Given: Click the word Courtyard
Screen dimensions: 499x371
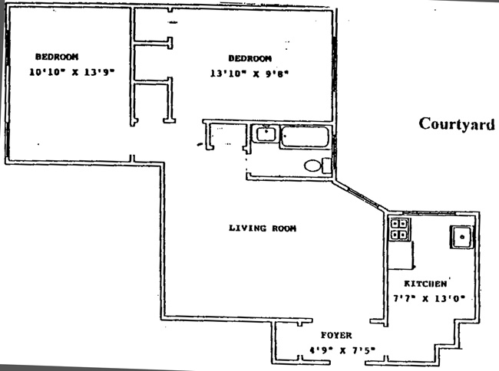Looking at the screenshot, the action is pyautogui.click(x=456, y=123).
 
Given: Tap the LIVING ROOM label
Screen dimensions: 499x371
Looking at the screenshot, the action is pyautogui.click(x=263, y=228).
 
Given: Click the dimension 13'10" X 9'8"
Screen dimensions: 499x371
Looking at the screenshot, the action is pyautogui.click(x=249, y=74).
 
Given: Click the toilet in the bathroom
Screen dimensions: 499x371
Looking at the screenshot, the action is pyautogui.click(x=315, y=165).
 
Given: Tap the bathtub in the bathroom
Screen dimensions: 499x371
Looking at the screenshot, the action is pyautogui.click(x=305, y=138).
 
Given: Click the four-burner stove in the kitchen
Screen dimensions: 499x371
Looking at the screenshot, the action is pyautogui.click(x=400, y=229).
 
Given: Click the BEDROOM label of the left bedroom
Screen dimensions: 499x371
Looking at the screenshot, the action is pyautogui.click(x=57, y=57).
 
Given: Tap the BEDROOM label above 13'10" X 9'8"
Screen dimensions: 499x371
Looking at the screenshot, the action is pyautogui.click(x=250, y=59).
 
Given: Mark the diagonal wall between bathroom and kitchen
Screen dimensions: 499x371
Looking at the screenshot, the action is pyautogui.click(x=361, y=196).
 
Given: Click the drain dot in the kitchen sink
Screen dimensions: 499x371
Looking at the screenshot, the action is pyautogui.click(x=462, y=237).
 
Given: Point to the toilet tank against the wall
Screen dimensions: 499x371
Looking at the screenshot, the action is pyautogui.click(x=327, y=165).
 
